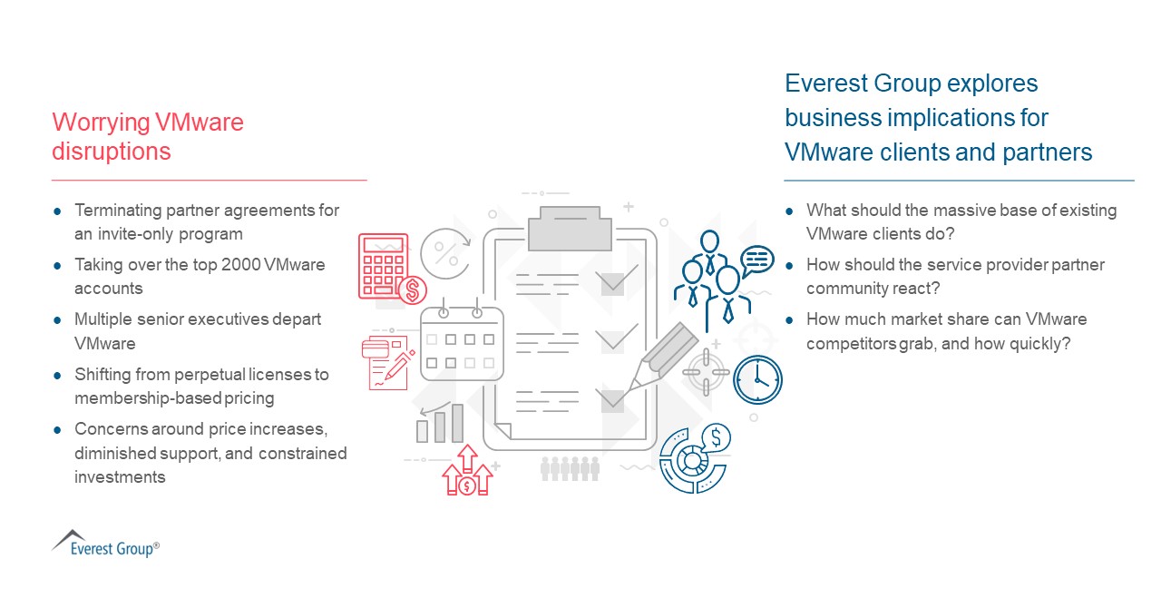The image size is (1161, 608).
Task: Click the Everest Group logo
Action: pos(105,543)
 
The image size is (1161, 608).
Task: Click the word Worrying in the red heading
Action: pos(100,123)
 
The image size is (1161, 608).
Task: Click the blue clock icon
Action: pos(757,379)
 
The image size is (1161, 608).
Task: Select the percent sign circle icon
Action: pos(445,252)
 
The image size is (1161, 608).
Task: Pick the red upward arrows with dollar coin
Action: pos(466,471)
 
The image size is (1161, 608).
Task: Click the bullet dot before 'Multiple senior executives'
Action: pos(57,320)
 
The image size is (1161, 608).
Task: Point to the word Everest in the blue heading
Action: pos(824,83)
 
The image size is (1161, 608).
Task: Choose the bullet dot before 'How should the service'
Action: pos(789,266)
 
